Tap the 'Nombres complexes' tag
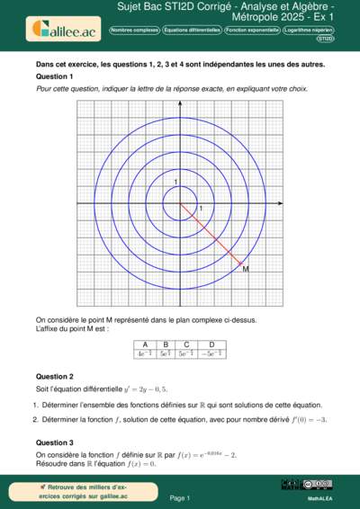[134, 30]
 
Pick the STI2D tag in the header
[326, 39]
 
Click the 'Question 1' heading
[53, 76]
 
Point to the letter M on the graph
[246, 269]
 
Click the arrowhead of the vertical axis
[178, 101]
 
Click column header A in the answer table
[143, 344]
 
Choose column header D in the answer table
[211, 344]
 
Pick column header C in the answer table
[186, 344]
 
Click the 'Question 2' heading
[54, 376]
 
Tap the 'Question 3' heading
[54, 442]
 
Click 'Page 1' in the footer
[179, 497]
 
